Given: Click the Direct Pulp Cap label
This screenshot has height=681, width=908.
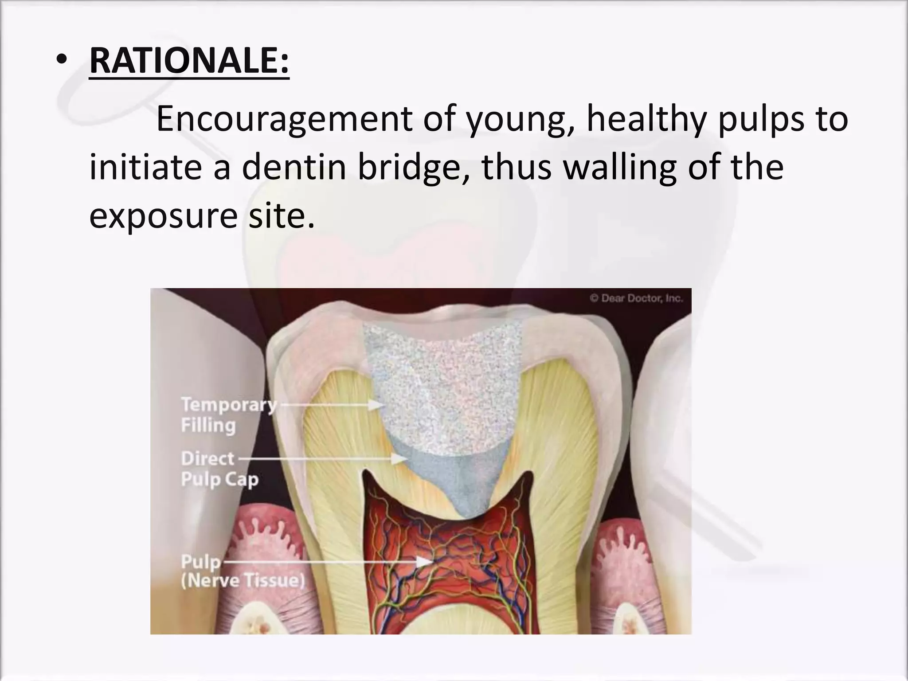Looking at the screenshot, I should pyautogui.click(x=219, y=469).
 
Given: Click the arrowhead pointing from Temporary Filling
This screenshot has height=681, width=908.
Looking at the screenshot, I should pyautogui.click(x=378, y=404).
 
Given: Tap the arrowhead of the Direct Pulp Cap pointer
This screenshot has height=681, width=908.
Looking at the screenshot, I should pyautogui.click(x=400, y=459).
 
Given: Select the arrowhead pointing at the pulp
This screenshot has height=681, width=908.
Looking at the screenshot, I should pyautogui.click(x=425, y=562).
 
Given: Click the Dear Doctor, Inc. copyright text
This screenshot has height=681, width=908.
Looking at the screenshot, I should pyautogui.click(x=636, y=298).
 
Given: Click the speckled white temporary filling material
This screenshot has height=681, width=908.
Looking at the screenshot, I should pyautogui.click(x=443, y=381).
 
